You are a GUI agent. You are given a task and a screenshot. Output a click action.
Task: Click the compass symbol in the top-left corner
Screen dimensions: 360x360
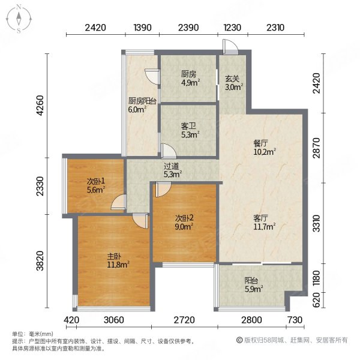pyautogui.click(x=19, y=19)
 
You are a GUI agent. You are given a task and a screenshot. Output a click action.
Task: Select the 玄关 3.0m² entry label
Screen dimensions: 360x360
pyautogui.click(x=234, y=83)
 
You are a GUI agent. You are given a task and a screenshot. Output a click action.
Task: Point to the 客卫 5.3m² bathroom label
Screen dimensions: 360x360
pyautogui.click(x=190, y=130)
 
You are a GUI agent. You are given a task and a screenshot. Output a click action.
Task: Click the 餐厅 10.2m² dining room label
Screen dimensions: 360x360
pyautogui.click(x=264, y=148)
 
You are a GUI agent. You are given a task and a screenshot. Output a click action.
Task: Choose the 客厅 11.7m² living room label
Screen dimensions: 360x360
pyautogui.click(x=264, y=222)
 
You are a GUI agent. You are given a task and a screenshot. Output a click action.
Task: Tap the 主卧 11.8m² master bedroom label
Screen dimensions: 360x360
pyautogui.click(x=118, y=260)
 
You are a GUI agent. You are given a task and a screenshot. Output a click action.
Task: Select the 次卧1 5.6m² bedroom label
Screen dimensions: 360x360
pyautogui.click(x=96, y=185)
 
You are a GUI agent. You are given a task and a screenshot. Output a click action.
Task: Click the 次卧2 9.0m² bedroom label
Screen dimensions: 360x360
pyautogui.click(x=184, y=222)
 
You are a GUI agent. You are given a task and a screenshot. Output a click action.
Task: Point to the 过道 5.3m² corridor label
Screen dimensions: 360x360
pyautogui.click(x=173, y=170)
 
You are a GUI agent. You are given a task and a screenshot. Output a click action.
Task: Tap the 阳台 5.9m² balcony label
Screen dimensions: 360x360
pyautogui.click(x=253, y=284)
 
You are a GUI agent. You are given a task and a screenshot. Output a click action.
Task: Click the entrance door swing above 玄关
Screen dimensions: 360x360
pyautogui.click(x=230, y=47)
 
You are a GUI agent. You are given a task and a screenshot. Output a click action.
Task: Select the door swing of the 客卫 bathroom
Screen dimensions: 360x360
pyautogui.click(x=169, y=151)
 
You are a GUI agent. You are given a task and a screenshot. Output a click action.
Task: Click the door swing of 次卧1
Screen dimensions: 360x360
pyautogui.click(x=118, y=202)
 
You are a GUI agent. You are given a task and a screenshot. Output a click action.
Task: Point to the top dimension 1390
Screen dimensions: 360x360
pyautogui.click(x=143, y=28)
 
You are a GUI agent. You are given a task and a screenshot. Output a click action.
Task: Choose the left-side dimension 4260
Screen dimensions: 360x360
pyautogui.click(x=40, y=106)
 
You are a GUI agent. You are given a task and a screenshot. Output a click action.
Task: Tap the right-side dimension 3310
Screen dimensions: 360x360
pyautogui.click(x=316, y=223)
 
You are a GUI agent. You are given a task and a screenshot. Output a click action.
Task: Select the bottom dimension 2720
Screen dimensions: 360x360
pyautogui.click(x=184, y=320)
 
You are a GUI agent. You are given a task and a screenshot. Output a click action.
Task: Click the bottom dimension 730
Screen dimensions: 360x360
pyautogui.click(x=295, y=320)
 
